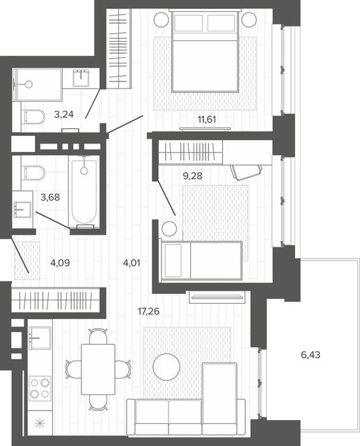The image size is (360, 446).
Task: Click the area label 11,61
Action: (207, 119)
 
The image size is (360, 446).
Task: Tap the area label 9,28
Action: (193, 176)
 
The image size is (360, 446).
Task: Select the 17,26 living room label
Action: (148, 312)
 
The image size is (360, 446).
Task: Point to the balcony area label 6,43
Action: (311, 355)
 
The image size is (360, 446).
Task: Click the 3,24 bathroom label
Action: (64, 114)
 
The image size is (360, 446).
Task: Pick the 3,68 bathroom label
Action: (50, 197)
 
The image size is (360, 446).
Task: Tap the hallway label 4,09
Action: (60, 263)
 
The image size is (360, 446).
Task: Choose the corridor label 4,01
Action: (132, 263)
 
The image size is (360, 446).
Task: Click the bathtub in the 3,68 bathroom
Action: (84, 192)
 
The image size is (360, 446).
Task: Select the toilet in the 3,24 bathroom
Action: (33, 117)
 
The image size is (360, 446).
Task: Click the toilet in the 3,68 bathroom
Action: (33, 173)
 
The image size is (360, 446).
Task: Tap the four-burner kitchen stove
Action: (40, 388)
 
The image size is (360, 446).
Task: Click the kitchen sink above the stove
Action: (40, 337)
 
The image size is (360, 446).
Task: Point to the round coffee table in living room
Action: (166, 367)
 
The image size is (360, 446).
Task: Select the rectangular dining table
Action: (98, 369)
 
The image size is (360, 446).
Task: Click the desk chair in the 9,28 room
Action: (246, 171)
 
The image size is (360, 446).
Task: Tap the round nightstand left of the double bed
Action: (162, 20)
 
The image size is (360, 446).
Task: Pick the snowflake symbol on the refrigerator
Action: (40, 424)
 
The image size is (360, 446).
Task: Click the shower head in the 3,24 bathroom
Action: (28, 84)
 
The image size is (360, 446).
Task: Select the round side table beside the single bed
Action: (169, 228)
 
